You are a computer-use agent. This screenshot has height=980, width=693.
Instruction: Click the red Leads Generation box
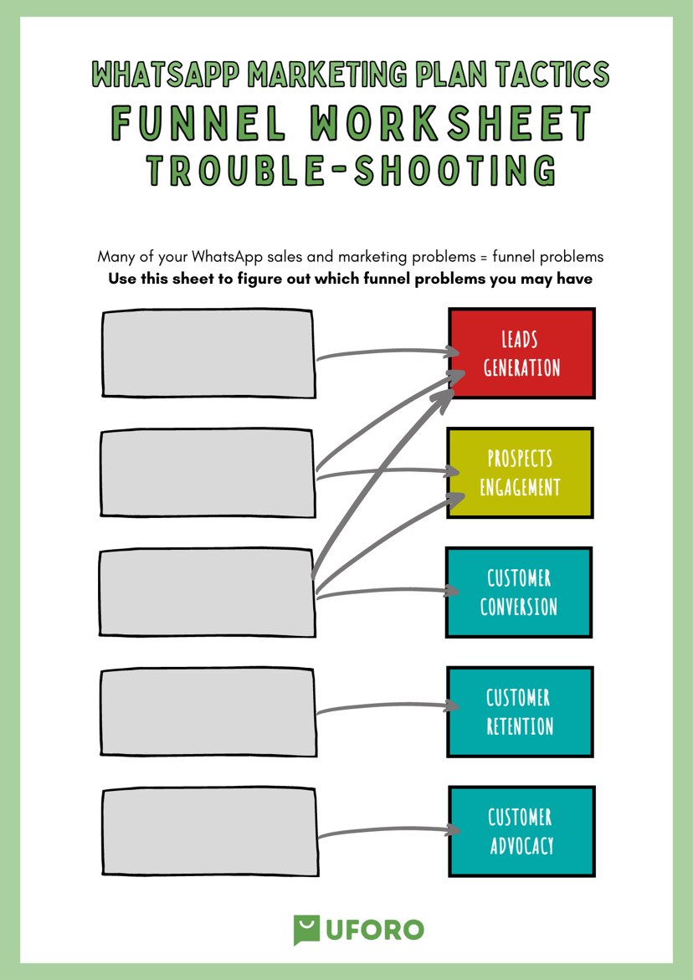(x=521, y=353)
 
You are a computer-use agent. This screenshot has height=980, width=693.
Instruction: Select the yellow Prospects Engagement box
(x=520, y=473)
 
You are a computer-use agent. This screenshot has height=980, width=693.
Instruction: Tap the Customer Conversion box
(x=519, y=593)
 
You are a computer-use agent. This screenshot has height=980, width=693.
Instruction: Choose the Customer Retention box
(x=520, y=712)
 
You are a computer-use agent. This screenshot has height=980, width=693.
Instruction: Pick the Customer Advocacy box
(x=521, y=831)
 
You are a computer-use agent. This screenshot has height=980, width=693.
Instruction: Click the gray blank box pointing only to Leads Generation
(x=208, y=353)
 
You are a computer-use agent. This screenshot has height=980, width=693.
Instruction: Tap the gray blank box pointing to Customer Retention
(x=208, y=712)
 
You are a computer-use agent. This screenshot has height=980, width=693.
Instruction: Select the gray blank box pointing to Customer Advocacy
(x=208, y=832)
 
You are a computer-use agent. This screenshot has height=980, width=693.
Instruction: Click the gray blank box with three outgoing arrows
(x=207, y=593)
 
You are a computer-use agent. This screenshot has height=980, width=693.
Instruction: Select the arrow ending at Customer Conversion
(x=388, y=591)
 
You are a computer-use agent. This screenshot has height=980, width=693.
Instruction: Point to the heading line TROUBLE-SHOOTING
(x=351, y=169)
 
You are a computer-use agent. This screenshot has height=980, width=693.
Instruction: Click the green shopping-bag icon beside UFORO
(x=306, y=930)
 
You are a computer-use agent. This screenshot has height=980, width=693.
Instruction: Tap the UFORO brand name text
(x=373, y=930)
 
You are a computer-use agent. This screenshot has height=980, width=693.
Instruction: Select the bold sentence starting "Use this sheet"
(x=350, y=279)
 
